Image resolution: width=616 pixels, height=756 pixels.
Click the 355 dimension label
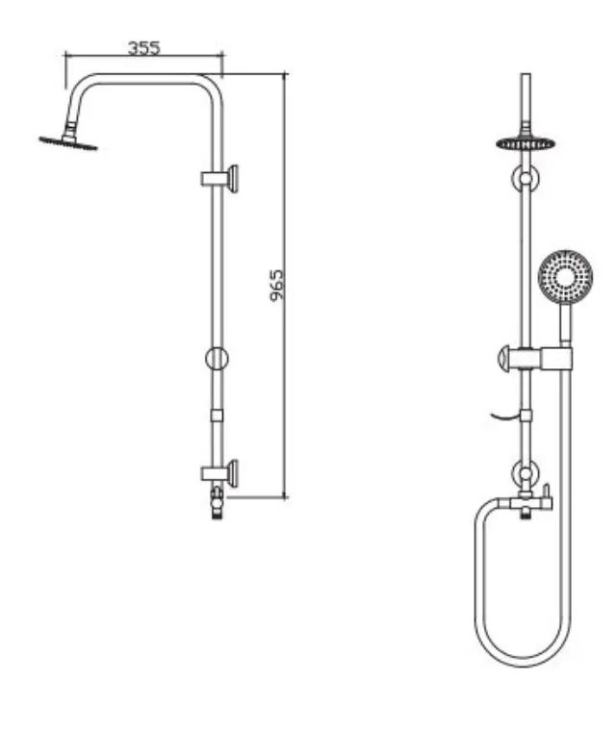click(x=143, y=48)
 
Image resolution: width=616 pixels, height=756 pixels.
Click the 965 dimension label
click(x=276, y=286)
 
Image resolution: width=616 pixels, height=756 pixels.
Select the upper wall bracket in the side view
click(x=219, y=178)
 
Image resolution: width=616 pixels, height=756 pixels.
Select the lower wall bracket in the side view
click(x=219, y=473)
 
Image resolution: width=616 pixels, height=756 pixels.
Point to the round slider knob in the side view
click(x=218, y=358)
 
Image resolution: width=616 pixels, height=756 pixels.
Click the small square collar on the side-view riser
click(x=218, y=416)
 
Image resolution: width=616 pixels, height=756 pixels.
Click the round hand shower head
click(x=565, y=277)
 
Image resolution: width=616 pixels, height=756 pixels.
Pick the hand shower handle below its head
click(x=566, y=324)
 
